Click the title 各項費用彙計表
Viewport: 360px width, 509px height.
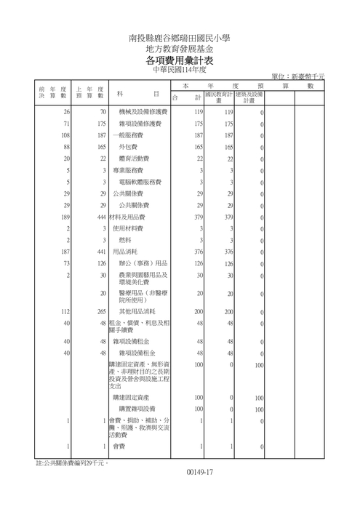tap(180, 60)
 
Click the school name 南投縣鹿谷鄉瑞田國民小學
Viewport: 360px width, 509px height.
tap(180, 36)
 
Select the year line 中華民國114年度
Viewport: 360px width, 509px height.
tap(180, 71)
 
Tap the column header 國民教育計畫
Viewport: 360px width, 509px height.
tap(218, 97)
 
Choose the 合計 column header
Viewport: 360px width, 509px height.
tap(185, 97)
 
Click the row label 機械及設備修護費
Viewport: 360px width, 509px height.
tap(143, 113)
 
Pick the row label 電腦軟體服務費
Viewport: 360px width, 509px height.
tap(140, 182)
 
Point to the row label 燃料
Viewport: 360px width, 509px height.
tap(124, 240)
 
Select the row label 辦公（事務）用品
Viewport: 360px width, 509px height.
tap(143, 263)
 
